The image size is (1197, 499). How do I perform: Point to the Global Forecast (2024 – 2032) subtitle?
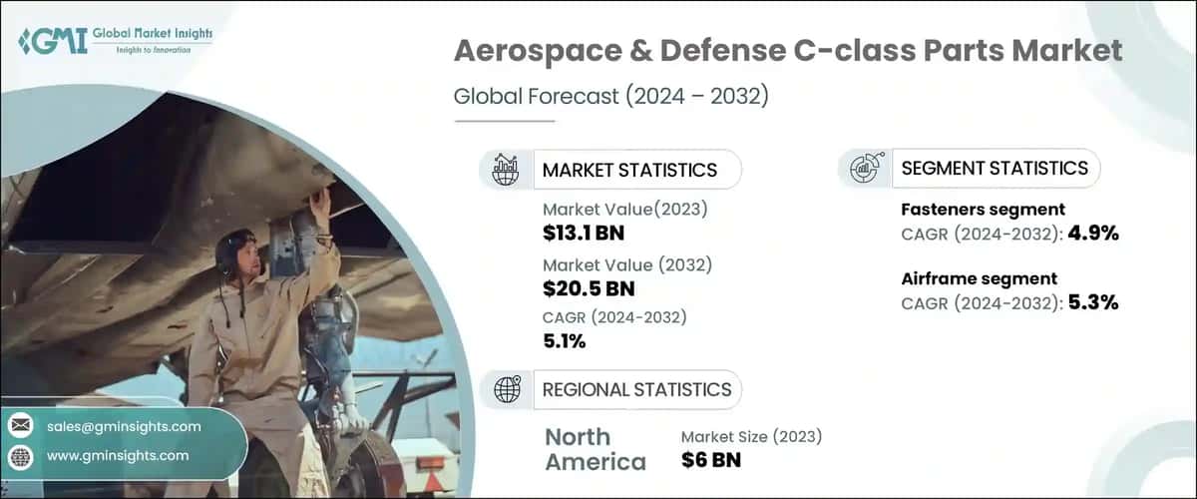(611, 97)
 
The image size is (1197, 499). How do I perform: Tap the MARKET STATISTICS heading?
(629, 170)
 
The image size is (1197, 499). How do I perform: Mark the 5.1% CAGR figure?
(565, 341)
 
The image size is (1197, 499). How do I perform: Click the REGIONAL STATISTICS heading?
(636, 389)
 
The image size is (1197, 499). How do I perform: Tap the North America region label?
(596, 449)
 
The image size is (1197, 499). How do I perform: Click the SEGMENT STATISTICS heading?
(995, 168)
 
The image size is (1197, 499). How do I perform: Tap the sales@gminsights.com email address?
(124, 426)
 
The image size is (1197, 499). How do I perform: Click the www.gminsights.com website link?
(117, 455)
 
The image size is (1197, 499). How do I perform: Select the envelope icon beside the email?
(20, 426)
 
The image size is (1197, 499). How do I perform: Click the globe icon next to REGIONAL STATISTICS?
(508, 389)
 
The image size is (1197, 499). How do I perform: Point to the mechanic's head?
(236, 249)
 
